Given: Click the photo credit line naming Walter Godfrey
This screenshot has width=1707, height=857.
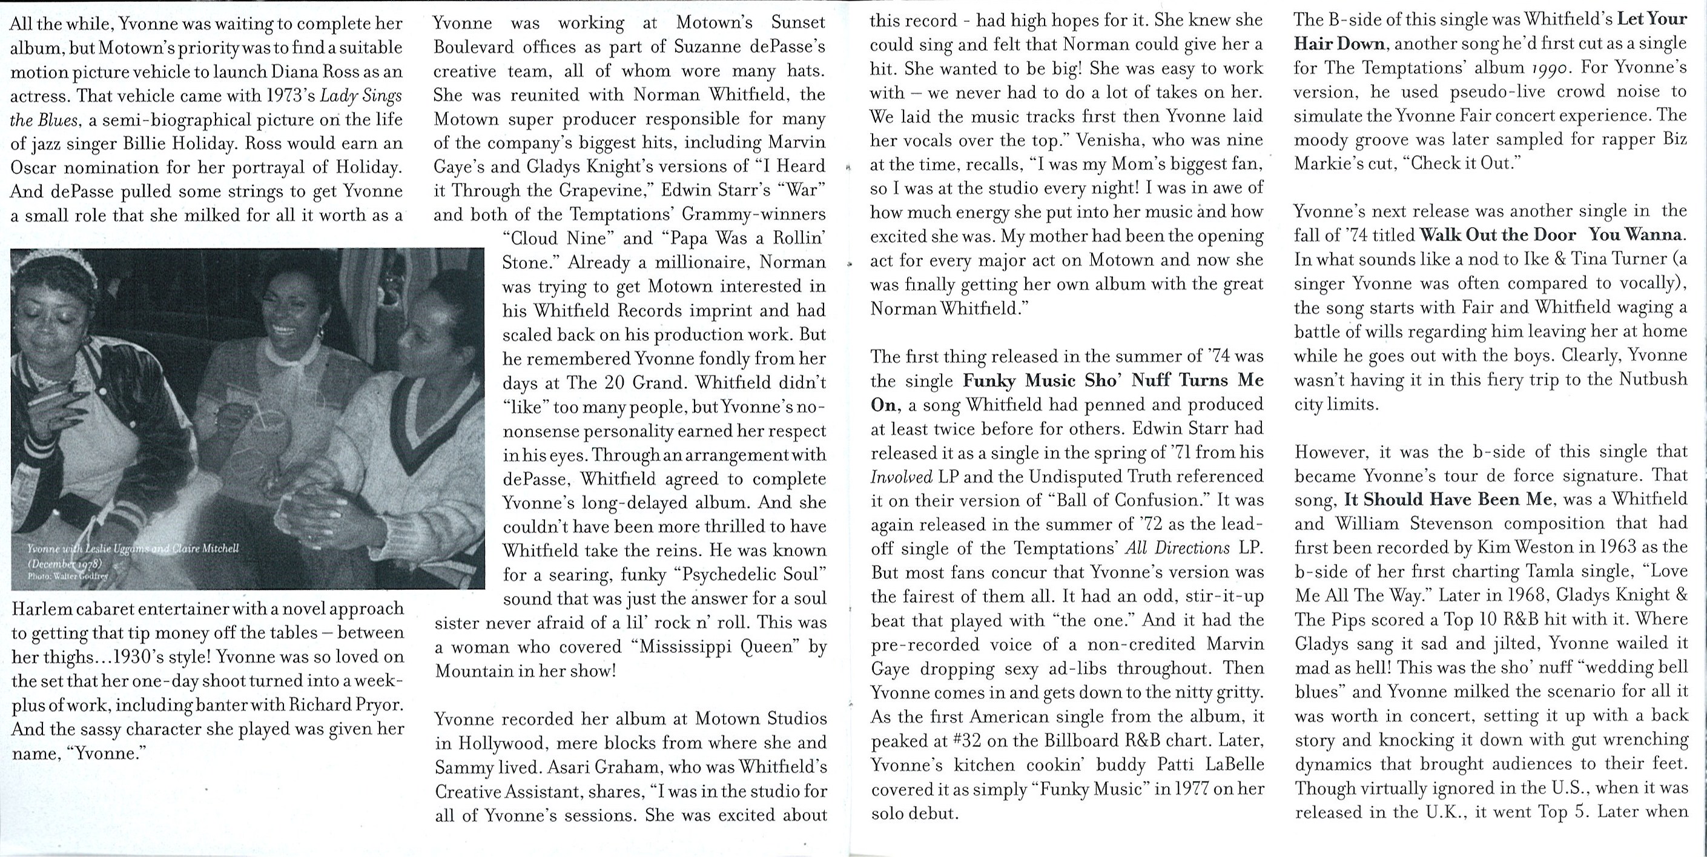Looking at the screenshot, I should point(68,577).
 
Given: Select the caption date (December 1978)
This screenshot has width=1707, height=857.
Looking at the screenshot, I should point(64,563).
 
